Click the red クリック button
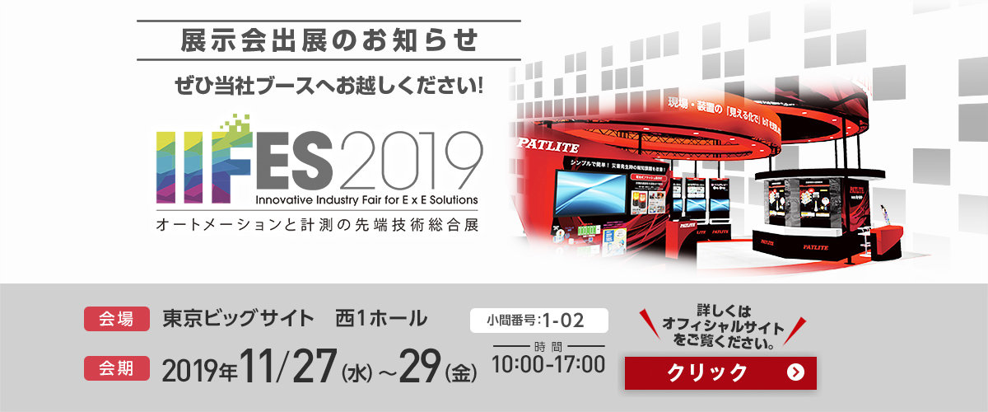click(x=720, y=372)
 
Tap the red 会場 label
click(x=115, y=318)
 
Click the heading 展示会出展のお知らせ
click(x=329, y=39)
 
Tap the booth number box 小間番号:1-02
click(x=538, y=320)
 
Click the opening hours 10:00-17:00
click(x=548, y=363)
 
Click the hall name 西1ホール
click(x=380, y=317)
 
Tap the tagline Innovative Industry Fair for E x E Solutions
click(x=366, y=199)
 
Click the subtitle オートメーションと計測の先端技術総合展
click(x=316, y=223)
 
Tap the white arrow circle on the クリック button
click(x=795, y=372)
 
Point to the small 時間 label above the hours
click(x=547, y=345)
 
